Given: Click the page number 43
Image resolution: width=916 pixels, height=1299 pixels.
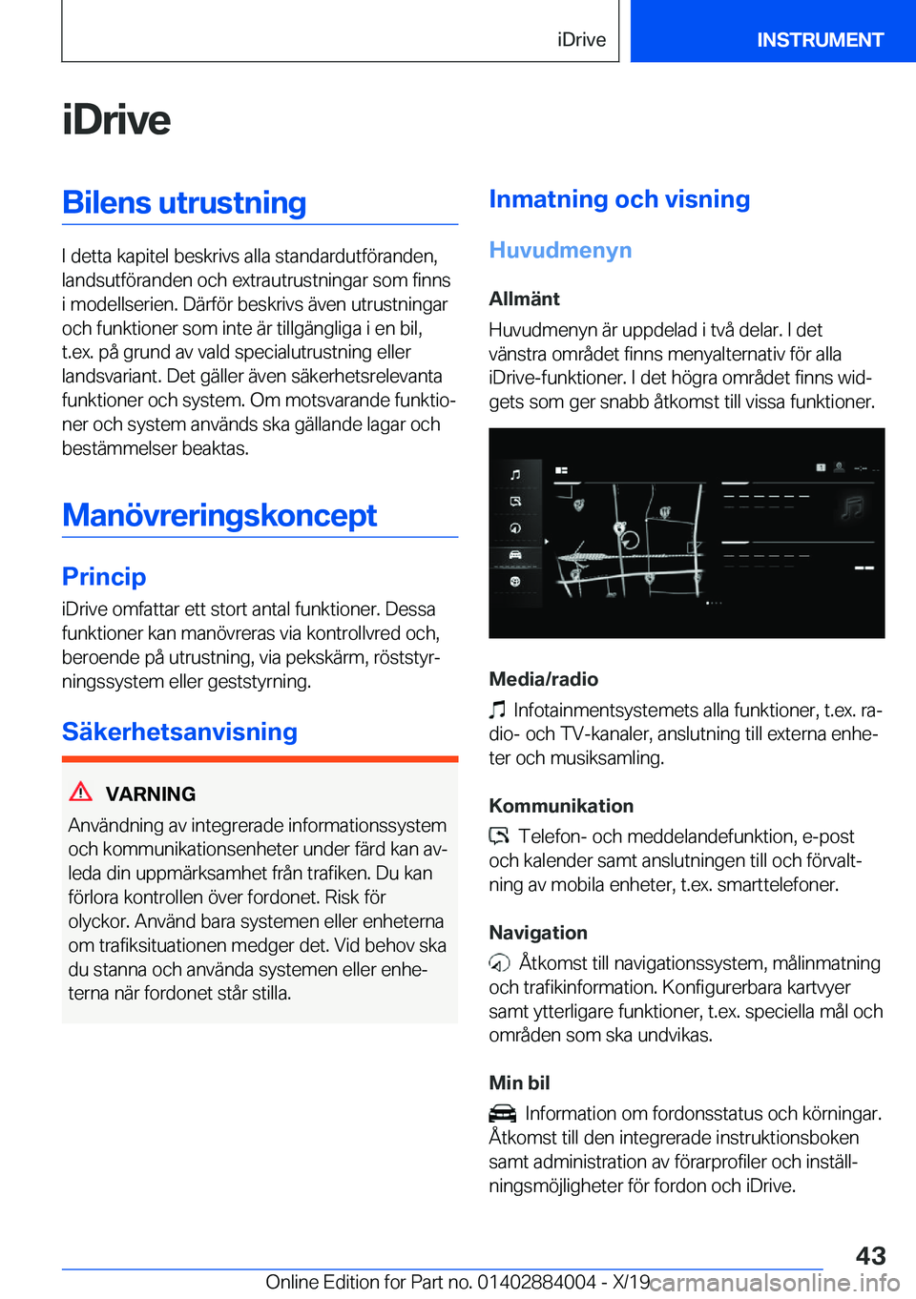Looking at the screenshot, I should click(x=870, y=1255).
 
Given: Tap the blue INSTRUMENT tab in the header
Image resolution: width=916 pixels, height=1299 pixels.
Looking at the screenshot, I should click(x=820, y=39).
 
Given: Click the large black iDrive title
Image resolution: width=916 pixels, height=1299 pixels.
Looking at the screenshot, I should click(x=116, y=120).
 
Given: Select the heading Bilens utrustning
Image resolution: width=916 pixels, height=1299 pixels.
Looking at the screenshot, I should click(x=184, y=203).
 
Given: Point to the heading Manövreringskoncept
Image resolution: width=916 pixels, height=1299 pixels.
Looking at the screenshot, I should click(x=219, y=515).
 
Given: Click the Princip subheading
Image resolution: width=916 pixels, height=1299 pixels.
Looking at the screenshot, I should click(x=104, y=577).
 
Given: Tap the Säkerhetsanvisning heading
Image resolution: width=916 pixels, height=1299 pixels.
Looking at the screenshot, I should click(x=179, y=732).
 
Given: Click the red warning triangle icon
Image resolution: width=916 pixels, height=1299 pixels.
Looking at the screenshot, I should click(x=81, y=792).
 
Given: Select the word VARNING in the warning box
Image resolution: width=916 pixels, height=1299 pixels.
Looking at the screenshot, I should click(x=151, y=794).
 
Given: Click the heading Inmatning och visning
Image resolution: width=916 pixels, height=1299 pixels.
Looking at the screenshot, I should click(x=619, y=199).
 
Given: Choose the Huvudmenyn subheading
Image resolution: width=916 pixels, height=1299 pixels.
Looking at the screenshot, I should click(x=560, y=250).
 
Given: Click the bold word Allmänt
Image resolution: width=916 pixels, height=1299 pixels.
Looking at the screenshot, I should click(x=524, y=299).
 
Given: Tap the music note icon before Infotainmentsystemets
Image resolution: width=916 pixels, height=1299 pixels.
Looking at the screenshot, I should click(x=497, y=710).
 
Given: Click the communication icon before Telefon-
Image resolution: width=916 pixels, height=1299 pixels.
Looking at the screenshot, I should click(x=499, y=836).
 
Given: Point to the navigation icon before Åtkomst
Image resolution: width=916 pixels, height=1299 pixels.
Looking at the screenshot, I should click(x=500, y=963).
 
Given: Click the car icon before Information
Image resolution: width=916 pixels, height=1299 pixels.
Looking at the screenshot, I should click(x=502, y=1113).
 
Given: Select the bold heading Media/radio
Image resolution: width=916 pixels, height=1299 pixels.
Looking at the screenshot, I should click(x=543, y=679).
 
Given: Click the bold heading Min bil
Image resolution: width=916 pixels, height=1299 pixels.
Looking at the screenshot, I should click(x=519, y=1082).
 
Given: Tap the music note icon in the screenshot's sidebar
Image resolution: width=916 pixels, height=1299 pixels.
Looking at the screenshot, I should click(x=515, y=474).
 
